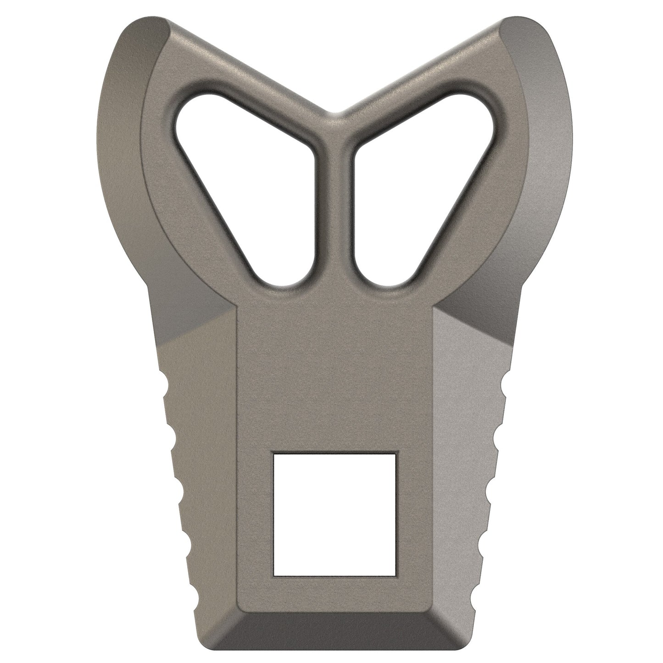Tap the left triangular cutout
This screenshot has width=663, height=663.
click(x=243, y=179)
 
